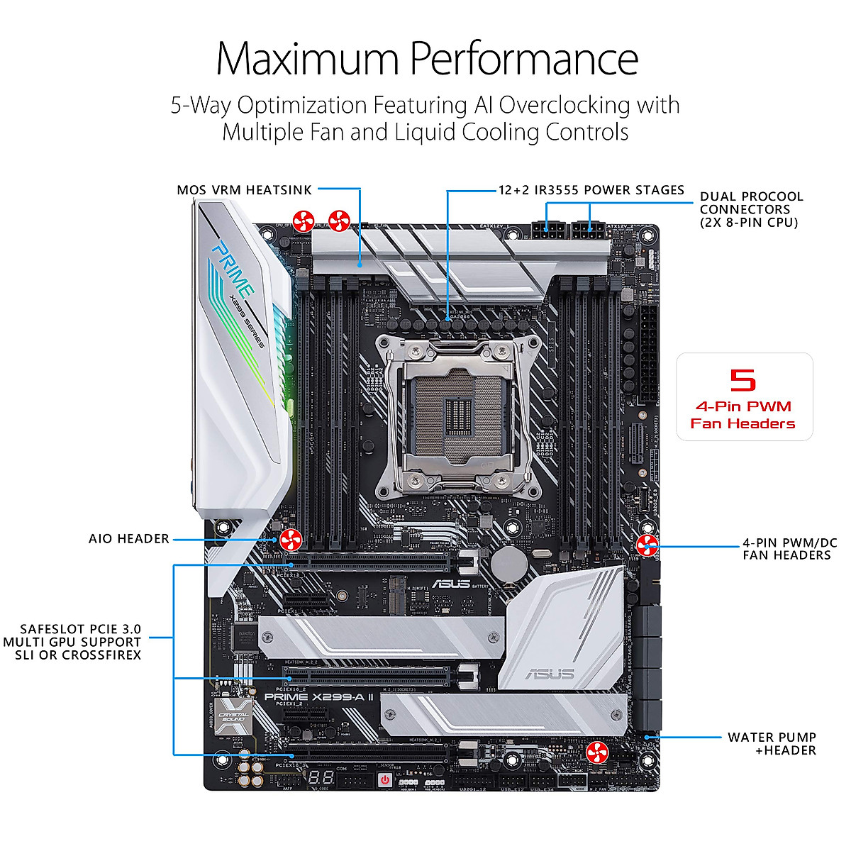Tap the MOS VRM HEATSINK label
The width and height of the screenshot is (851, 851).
pos(244,190)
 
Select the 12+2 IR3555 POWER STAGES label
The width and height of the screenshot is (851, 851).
pos(591,190)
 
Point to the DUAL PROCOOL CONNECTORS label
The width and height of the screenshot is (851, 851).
pos(751,209)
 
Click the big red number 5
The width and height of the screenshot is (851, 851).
pos(743,380)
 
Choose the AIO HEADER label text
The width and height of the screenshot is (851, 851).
pos(129,539)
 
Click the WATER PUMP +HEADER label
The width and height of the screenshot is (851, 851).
pos(772,744)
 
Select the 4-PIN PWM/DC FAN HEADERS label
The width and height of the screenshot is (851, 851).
pos(789,549)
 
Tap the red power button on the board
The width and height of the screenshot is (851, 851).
pos(384,779)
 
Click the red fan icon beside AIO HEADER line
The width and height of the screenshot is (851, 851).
pos(291,540)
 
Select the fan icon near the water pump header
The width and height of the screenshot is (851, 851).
pos(597,752)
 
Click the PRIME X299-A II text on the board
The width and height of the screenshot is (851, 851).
pos(318,696)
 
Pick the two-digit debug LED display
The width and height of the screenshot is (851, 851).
pos(321,777)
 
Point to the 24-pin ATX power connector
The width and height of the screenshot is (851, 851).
pos(647,355)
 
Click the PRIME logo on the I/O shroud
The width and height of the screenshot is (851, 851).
pos(232,269)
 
